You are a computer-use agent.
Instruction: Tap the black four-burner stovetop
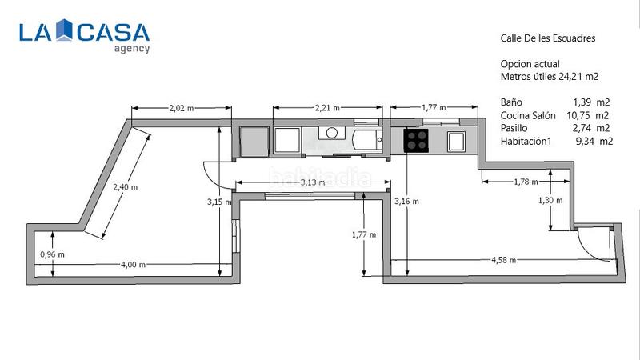[x=416, y=141]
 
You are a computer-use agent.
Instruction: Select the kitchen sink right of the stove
[x=457, y=142]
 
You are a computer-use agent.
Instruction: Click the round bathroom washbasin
[x=330, y=134]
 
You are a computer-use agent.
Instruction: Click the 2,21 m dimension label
[x=326, y=107]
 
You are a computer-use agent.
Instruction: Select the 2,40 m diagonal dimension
[x=125, y=186]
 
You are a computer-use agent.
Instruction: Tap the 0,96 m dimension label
[x=52, y=254]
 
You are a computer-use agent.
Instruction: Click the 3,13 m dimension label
[x=312, y=182]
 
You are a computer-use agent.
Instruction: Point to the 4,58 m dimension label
[x=503, y=260]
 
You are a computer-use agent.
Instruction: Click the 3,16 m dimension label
[x=407, y=201]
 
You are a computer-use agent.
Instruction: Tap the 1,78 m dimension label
[x=525, y=182]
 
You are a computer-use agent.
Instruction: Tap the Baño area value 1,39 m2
[x=591, y=102]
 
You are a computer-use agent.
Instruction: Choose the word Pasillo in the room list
[x=517, y=128]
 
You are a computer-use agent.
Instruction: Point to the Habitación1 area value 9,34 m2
[x=594, y=141]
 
